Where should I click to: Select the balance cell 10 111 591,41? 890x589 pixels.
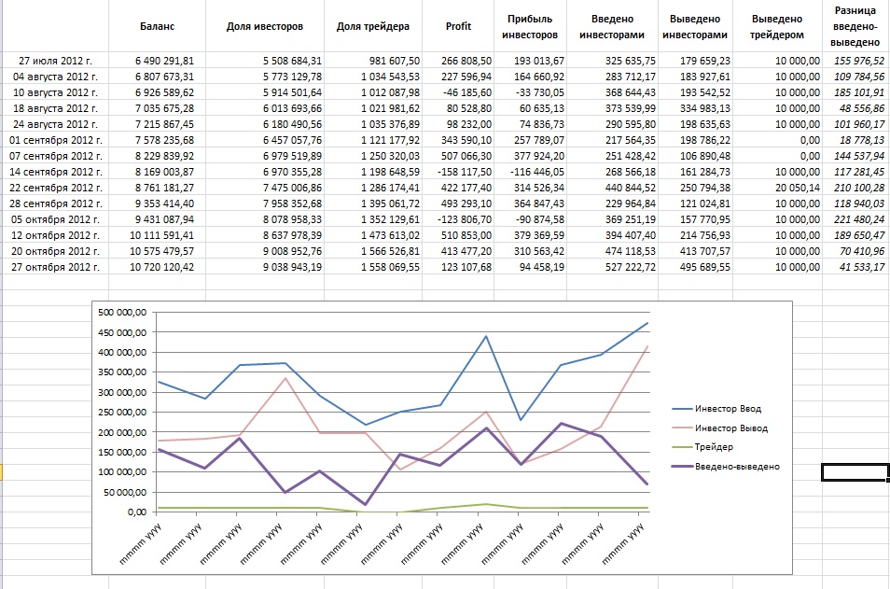164,235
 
